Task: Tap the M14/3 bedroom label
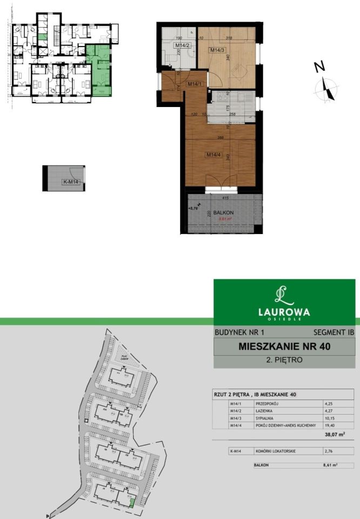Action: [217, 50]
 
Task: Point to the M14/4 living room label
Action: [213, 155]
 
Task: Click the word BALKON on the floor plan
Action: [223, 213]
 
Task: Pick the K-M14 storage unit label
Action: [71, 182]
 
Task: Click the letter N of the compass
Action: [319, 68]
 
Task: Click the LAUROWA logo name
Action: [284, 311]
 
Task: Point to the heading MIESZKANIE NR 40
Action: [284, 346]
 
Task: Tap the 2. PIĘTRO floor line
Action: [284, 360]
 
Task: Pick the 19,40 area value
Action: [330, 425]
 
